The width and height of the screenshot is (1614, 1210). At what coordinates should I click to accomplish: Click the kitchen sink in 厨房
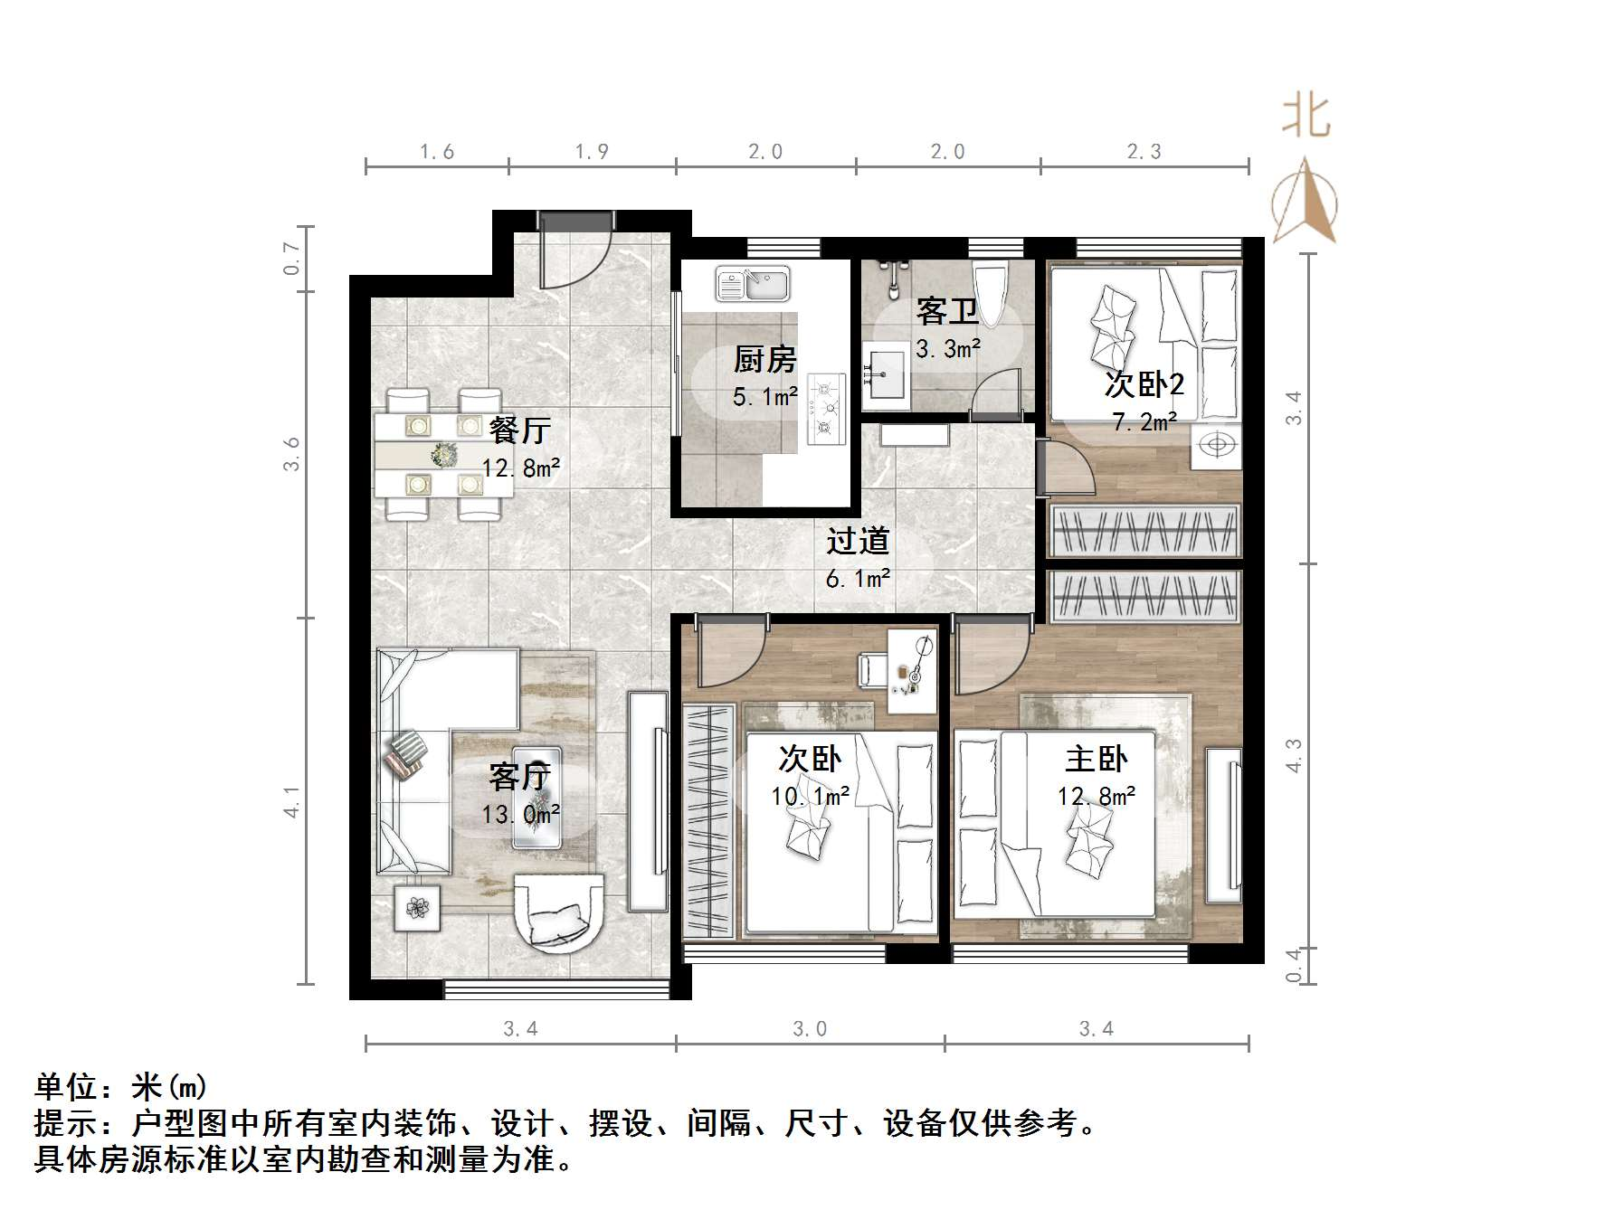pyautogui.click(x=753, y=283)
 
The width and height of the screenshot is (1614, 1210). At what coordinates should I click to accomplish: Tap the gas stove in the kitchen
pyautogui.click(x=825, y=409)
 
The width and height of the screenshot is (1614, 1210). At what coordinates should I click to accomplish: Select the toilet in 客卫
pyautogui.click(x=991, y=294)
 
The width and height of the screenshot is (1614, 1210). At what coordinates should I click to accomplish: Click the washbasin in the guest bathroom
pyautogui.click(x=887, y=373)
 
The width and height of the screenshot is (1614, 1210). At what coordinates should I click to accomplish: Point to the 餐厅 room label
pyautogui.click(x=519, y=430)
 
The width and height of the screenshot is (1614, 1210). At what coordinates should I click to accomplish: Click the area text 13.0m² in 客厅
pyautogui.click(x=520, y=815)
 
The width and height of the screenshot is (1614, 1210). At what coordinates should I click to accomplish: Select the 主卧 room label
pyautogui.click(x=1096, y=759)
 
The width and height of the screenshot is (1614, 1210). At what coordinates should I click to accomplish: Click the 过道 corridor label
pyautogui.click(x=858, y=541)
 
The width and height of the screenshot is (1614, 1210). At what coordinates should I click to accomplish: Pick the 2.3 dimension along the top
pyautogui.click(x=1144, y=152)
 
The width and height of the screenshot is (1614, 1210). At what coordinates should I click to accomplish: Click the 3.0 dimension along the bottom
pyautogui.click(x=810, y=1029)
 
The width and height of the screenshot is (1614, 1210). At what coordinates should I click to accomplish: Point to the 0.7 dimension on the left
pyautogui.click(x=291, y=259)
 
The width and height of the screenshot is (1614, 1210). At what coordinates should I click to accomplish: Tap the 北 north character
pyautogui.click(x=1305, y=118)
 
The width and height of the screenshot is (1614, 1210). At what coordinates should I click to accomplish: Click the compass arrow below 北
pyautogui.click(x=1305, y=203)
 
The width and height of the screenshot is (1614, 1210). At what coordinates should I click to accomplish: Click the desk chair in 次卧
pyautogui.click(x=871, y=670)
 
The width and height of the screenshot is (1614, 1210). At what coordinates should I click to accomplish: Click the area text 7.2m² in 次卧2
pyautogui.click(x=1144, y=422)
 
